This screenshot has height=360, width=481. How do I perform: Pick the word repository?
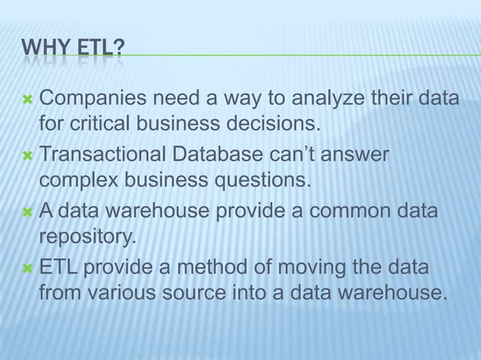(x=87, y=238)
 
